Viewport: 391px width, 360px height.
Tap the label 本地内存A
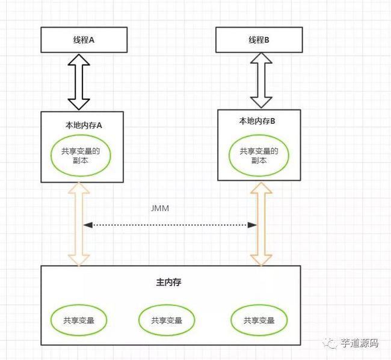(x=84, y=126)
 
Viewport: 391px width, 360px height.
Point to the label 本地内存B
(x=257, y=121)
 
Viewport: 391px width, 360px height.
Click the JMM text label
(x=160, y=209)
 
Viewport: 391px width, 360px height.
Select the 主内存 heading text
(x=168, y=282)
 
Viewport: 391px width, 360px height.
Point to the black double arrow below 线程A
(x=79, y=82)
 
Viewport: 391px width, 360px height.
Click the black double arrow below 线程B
(x=261, y=80)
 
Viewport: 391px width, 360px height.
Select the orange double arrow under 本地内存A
(x=79, y=224)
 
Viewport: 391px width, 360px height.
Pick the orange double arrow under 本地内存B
(x=261, y=224)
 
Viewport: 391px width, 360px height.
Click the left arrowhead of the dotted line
(x=88, y=225)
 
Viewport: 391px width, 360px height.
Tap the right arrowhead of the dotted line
(x=252, y=225)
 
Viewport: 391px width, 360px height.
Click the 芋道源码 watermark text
(x=359, y=343)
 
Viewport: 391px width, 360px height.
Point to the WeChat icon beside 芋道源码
(x=330, y=344)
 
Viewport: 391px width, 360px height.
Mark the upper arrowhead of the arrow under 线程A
(x=79, y=59)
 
